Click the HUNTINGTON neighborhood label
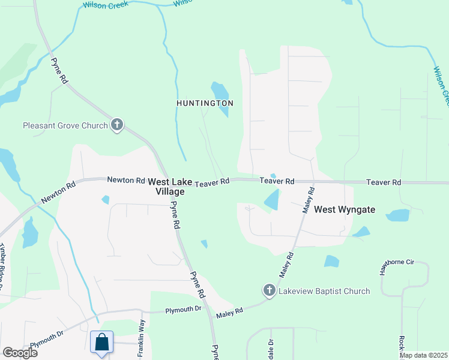pyautogui.click(x=205, y=103)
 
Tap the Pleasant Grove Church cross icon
pyautogui.click(x=117, y=125)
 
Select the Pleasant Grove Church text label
pyautogui.click(x=65, y=125)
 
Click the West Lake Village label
pyautogui.click(x=166, y=186)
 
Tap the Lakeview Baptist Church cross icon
pyautogui.click(x=269, y=291)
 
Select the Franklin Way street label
pyautogui.click(x=142, y=339)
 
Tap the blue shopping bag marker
pyautogui.click(x=102, y=342)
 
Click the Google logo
pyautogui.click(x=20, y=352)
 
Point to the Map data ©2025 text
pyautogui.click(x=423, y=355)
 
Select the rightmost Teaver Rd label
pyautogui.click(x=384, y=182)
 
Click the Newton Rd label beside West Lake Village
pyautogui.click(x=126, y=179)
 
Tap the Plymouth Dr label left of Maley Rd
pyautogui.click(x=184, y=310)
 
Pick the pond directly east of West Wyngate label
pyautogui.click(x=397, y=215)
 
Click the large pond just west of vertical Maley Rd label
pyautogui.click(x=272, y=200)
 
